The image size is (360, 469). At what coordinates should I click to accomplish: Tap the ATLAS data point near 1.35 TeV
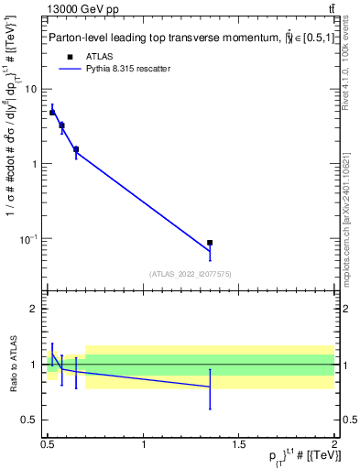click(x=210, y=243)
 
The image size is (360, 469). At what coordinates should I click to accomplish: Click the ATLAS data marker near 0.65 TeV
click(x=76, y=148)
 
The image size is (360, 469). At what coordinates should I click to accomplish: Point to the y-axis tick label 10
click(x=31, y=89)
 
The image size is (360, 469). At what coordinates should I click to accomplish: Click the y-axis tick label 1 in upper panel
click(x=35, y=164)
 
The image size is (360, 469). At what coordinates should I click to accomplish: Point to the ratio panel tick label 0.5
click(x=30, y=420)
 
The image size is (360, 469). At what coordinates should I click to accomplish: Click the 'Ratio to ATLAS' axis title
click(x=13, y=364)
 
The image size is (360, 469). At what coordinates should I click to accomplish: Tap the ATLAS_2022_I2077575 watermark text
click(x=190, y=273)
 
